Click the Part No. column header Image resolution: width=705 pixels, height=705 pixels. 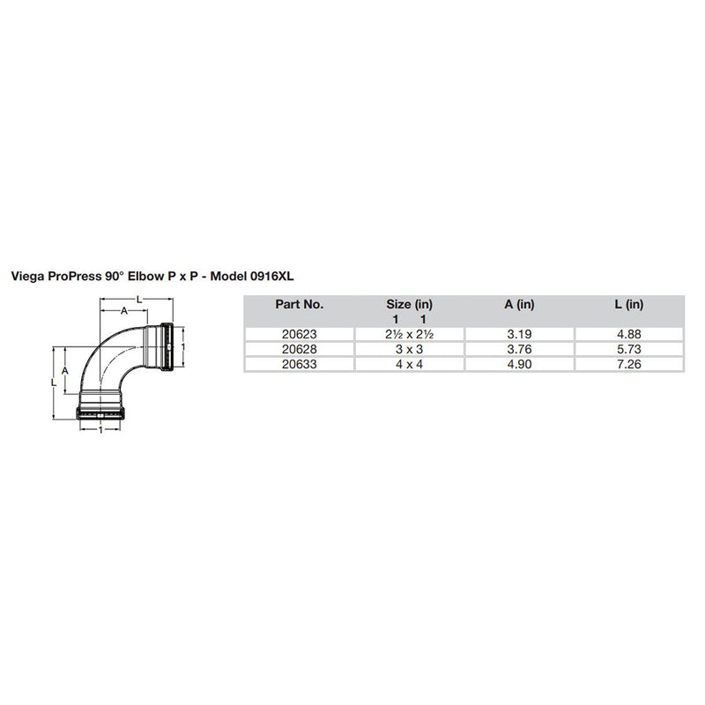[x=300, y=305]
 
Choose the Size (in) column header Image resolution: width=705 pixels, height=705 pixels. [x=409, y=305]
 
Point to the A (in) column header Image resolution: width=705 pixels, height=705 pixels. [x=519, y=305]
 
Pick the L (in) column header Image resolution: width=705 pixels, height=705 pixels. [x=629, y=305]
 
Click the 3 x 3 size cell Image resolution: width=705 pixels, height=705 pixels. [x=409, y=348]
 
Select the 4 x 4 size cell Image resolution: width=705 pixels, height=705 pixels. [x=409, y=362]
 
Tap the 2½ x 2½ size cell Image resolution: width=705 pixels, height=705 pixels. [x=409, y=334]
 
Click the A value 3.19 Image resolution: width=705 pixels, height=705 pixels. [x=519, y=334]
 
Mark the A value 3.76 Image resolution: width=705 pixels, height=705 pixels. [x=519, y=348]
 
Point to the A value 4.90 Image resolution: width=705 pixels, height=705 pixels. [x=519, y=362]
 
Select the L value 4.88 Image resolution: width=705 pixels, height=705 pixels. [x=629, y=334]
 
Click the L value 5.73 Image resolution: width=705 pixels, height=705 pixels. [x=629, y=348]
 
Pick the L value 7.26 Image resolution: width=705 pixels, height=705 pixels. [x=629, y=362]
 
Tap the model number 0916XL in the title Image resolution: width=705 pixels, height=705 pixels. [x=272, y=276]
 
